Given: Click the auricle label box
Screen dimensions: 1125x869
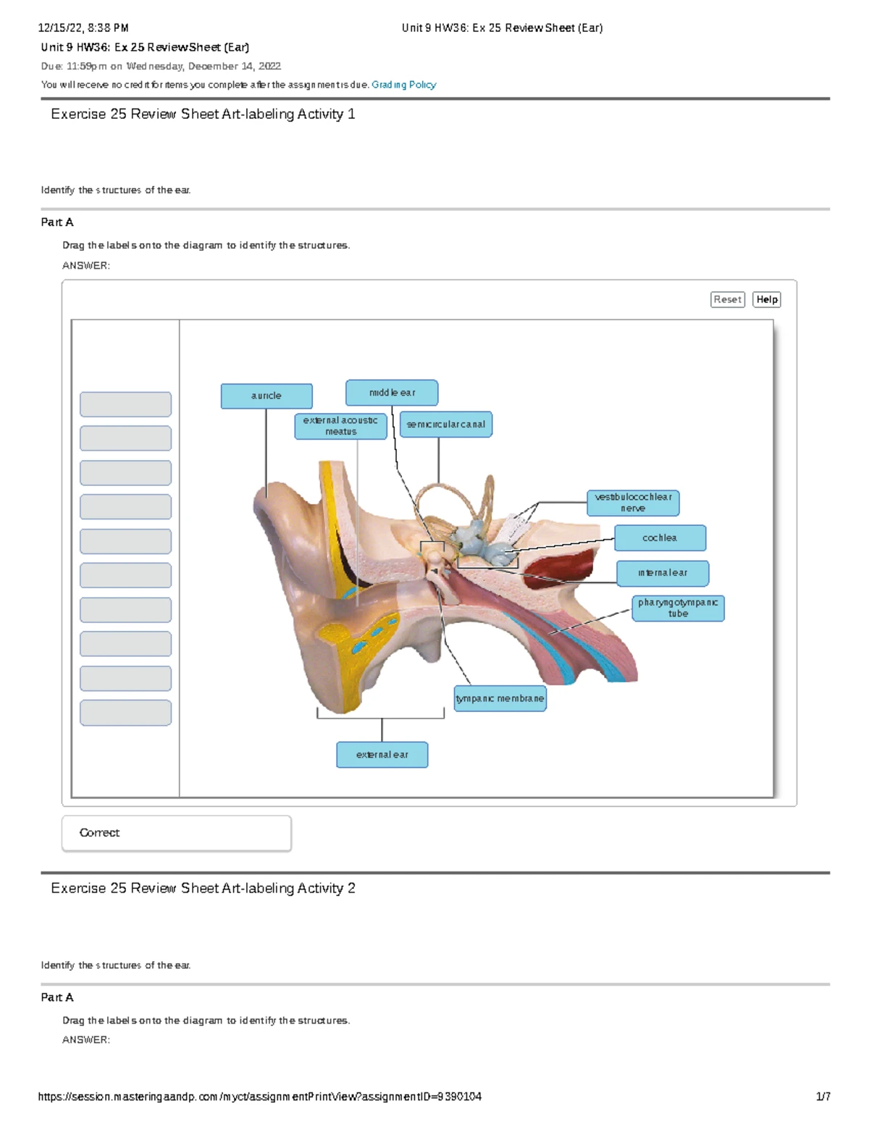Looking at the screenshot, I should click(266, 396).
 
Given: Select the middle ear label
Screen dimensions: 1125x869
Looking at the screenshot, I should click(392, 393).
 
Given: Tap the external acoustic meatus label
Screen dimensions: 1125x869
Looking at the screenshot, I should click(340, 426).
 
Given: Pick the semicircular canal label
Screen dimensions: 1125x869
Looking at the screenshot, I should click(445, 425).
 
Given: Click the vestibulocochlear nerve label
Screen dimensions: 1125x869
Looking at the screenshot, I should click(633, 503).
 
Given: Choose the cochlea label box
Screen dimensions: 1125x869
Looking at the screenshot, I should click(660, 538).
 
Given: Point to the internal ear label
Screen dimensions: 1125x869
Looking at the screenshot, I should click(663, 573).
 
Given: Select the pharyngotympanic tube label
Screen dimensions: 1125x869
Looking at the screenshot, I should click(678, 608).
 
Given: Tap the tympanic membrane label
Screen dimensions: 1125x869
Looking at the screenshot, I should click(500, 699).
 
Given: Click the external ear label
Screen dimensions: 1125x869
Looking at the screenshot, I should click(382, 755).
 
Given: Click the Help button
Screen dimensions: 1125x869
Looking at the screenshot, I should click(767, 300).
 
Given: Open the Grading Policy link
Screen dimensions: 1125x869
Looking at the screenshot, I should click(403, 85).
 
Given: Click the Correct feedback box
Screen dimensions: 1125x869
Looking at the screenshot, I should click(177, 833).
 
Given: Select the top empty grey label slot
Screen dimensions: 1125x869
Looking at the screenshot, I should click(125, 404).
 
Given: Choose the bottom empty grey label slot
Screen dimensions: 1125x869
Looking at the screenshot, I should click(125, 713).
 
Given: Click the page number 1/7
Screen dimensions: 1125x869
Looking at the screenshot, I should click(823, 1097).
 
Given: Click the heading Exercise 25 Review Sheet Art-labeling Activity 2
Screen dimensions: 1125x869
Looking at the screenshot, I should click(203, 888).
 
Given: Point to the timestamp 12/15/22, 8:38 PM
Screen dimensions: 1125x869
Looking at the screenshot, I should click(83, 28).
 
